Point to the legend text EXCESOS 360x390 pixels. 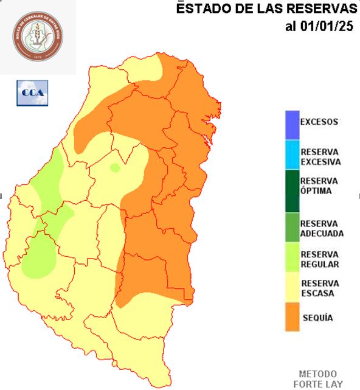point(319,122)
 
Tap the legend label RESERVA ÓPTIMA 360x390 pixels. point(319,186)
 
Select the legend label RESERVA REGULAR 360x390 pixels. point(320,259)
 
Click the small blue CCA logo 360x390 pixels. point(32,92)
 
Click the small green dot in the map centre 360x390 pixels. point(114,168)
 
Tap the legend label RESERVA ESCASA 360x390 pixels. point(320,288)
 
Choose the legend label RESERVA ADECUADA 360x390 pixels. point(322,228)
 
